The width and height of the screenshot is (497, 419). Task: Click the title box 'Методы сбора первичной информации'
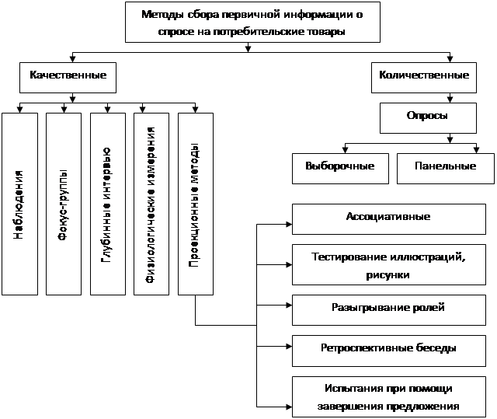pyautogui.click(x=253, y=22)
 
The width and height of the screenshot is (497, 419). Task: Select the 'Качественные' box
pyautogui.click(x=74, y=76)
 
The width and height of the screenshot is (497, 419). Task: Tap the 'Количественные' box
pyautogui.click(x=423, y=76)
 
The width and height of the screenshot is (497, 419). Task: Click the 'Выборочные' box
pyautogui.click(x=340, y=166)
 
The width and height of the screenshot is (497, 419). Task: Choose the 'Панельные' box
pyautogui.click(x=444, y=166)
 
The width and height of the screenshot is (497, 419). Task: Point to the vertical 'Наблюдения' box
pyautogui.click(x=19, y=204)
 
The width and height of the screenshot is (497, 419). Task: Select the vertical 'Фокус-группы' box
pyautogui.click(x=63, y=204)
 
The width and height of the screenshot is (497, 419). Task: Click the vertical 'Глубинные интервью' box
pyautogui.click(x=107, y=204)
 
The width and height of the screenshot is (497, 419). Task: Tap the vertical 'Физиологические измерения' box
pyautogui.click(x=151, y=204)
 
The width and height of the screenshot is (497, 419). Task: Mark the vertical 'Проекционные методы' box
pyautogui.click(x=195, y=204)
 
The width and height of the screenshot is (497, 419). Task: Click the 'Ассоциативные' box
pyautogui.click(x=388, y=217)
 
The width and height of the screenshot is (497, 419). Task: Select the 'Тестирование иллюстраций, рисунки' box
pyautogui.click(x=388, y=264)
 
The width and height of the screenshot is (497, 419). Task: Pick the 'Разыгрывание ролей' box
pyautogui.click(x=388, y=308)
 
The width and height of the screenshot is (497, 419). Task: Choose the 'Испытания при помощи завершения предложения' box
pyautogui.click(x=388, y=396)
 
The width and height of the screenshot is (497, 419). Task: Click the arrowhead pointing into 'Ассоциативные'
pyautogui.click(x=289, y=225)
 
